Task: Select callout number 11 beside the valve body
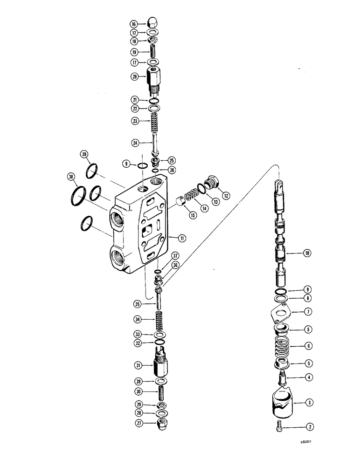tap(182, 238)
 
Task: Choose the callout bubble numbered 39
tap(84, 155)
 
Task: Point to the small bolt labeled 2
tap(281, 426)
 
